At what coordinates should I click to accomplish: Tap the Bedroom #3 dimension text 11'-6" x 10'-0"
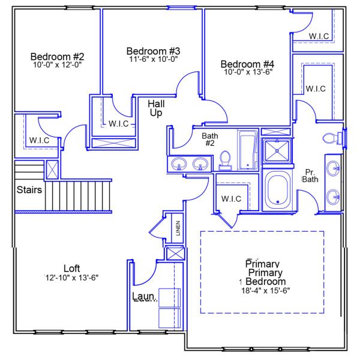(153, 59)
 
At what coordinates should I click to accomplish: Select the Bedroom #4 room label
(247, 64)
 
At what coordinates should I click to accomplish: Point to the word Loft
(71, 268)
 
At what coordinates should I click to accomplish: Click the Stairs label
(28, 191)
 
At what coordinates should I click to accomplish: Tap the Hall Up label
(156, 108)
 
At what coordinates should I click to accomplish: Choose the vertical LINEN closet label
(178, 229)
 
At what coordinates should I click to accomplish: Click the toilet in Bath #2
(226, 159)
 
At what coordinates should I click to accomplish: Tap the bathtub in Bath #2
(247, 150)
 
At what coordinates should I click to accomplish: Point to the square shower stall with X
(277, 150)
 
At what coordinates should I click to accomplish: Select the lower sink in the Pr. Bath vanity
(333, 196)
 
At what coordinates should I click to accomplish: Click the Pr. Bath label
(310, 175)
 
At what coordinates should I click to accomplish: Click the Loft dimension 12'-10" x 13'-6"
(71, 277)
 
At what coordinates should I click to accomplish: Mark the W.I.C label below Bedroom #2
(39, 140)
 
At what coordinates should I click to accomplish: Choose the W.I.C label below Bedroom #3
(118, 124)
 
